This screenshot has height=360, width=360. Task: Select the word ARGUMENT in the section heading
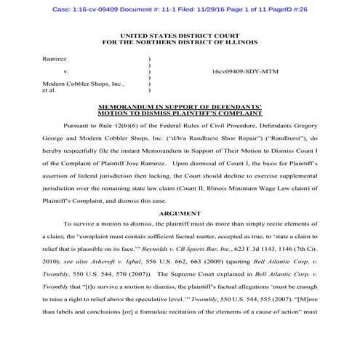coord(179,214)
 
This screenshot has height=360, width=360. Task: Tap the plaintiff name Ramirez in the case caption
coord(55,57)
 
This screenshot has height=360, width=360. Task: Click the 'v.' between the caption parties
coord(65,73)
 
